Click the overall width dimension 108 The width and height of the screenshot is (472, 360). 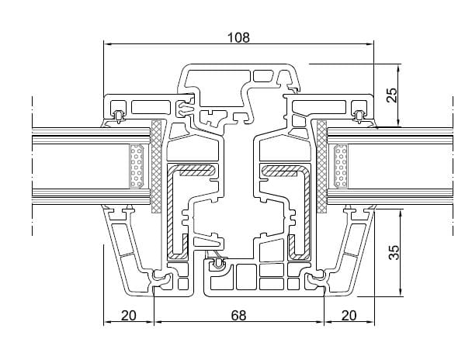(x=239, y=37)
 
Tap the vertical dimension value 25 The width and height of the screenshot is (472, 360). (x=392, y=95)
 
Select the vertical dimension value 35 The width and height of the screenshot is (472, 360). (x=392, y=252)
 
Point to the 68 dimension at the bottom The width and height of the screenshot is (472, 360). (x=239, y=316)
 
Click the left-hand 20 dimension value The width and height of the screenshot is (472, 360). (x=129, y=316)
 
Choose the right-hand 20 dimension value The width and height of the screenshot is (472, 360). (x=349, y=316)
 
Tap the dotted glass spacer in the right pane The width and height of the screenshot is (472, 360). (x=339, y=166)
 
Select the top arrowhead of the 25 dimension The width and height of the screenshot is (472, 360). (x=401, y=64)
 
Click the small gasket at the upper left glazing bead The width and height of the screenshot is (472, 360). (x=118, y=116)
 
